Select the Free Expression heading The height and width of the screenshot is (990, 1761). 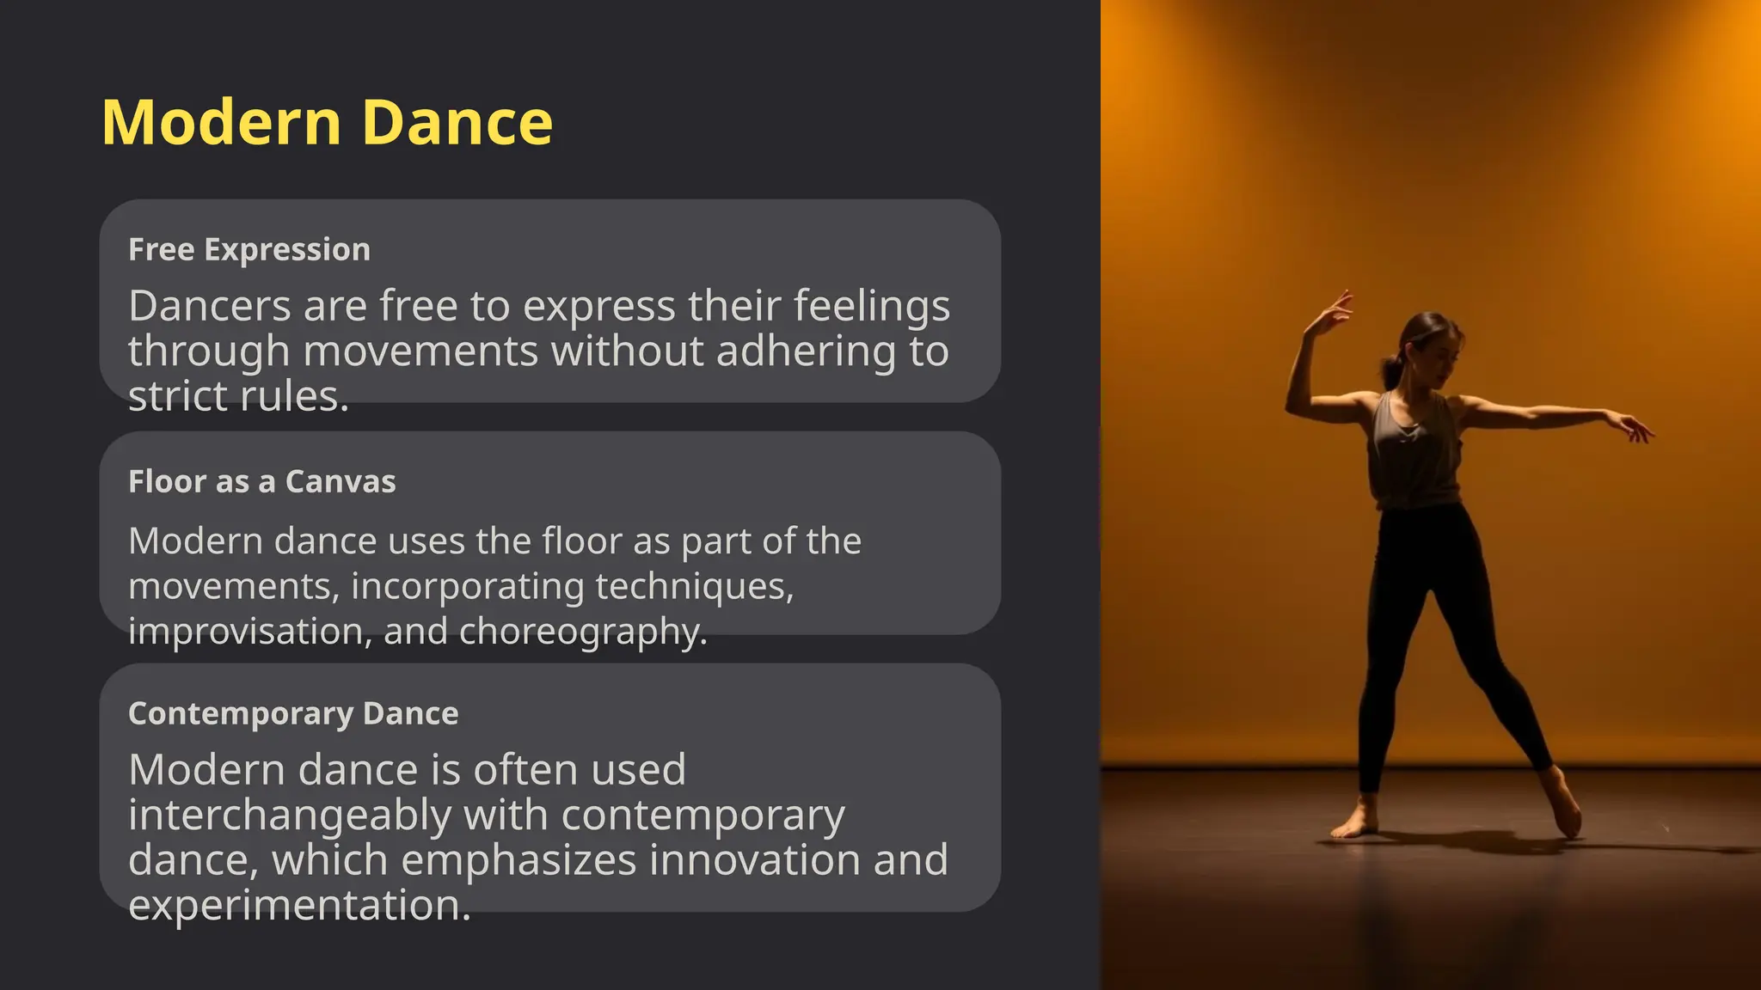point(249,250)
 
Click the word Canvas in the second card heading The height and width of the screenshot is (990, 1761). point(341,482)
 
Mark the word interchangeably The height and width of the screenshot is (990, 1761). point(290,816)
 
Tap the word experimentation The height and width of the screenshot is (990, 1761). point(299,906)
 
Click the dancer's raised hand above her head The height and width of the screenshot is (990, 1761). point(1335,311)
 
